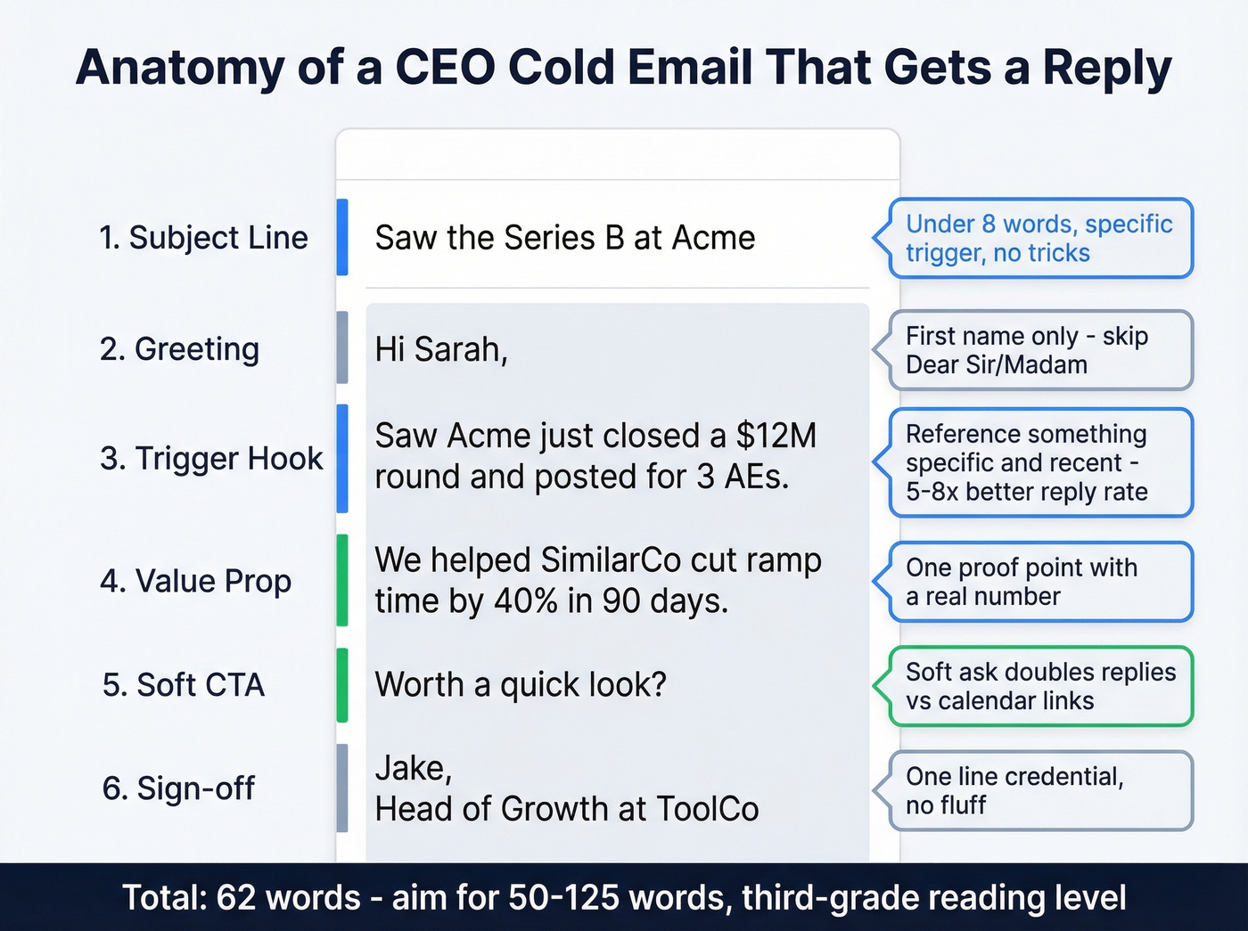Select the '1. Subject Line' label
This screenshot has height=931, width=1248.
[x=203, y=238]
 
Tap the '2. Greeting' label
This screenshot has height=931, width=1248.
[x=179, y=349]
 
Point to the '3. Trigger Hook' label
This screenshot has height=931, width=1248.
[x=211, y=458]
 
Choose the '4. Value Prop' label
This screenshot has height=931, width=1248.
[x=195, y=581]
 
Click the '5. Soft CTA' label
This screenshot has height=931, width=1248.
[x=183, y=685]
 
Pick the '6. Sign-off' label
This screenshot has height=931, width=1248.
[x=178, y=788]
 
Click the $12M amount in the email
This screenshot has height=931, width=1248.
[x=776, y=436]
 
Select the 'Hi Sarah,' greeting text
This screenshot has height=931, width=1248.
[x=441, y=349]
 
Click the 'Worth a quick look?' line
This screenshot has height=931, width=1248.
[x=521, y=685]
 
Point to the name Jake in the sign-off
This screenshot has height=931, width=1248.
[x=413, y=768]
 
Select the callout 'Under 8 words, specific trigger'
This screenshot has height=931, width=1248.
[x=1039, y=238]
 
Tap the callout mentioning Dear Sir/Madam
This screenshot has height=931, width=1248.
[x=1039, y=350]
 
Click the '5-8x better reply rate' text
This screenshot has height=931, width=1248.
[x=1026, y=492]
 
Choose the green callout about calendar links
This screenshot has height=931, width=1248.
[x=1039, y=686]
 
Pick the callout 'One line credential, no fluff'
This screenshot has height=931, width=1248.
[x=1039, y=790]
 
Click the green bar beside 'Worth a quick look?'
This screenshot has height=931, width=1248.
[x=342, y=685]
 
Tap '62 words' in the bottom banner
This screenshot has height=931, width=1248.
[x=288, y=897]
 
